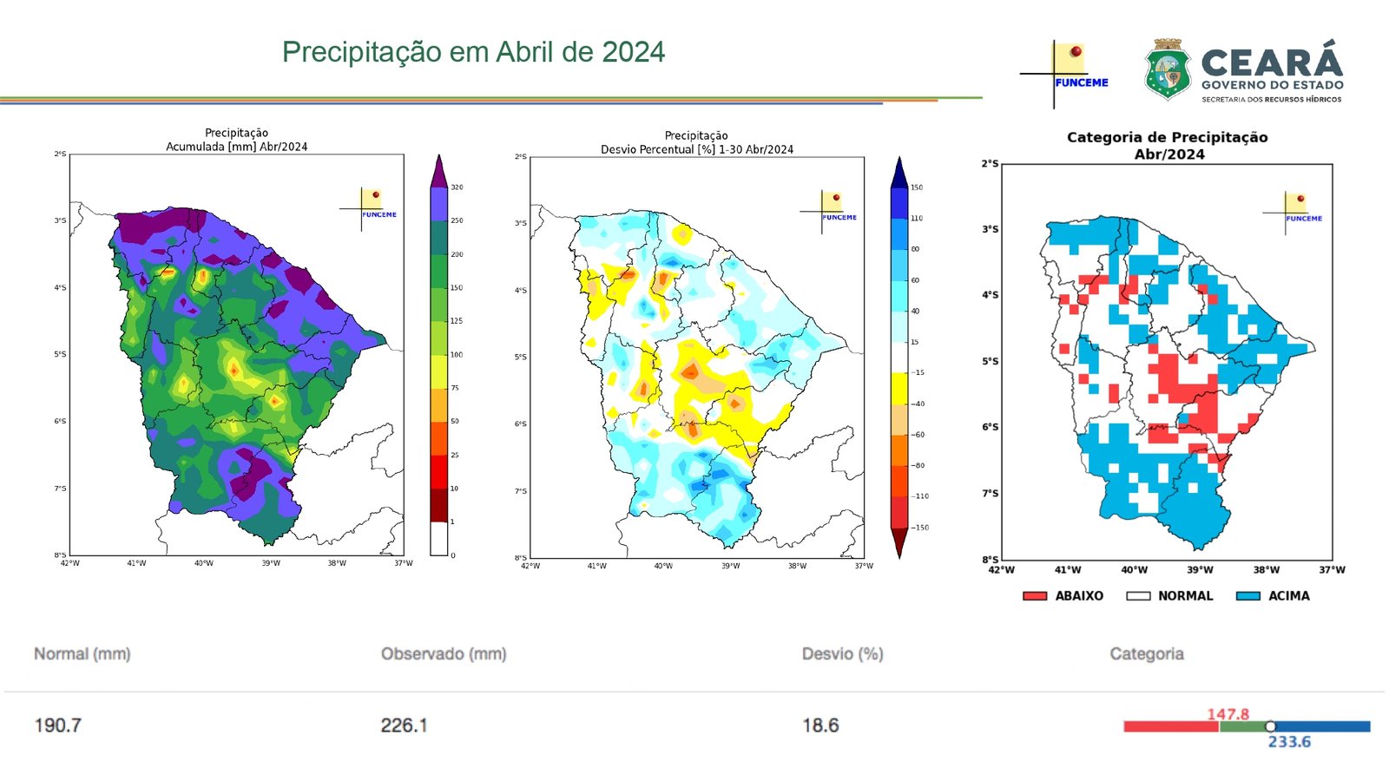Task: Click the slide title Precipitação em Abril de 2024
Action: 473,52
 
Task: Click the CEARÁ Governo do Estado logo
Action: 1243,71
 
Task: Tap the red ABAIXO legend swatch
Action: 1035,596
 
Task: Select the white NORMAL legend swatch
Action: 1138,596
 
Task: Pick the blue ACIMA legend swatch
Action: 1247,596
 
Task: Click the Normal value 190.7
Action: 57,725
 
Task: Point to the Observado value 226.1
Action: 404,725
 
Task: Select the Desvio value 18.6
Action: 820,725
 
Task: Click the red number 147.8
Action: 1228,714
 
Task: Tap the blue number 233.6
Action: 1289,742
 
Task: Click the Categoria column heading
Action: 1146,653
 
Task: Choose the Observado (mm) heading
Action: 444,653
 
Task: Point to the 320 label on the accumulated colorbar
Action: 457,187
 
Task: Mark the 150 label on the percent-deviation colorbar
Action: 917,187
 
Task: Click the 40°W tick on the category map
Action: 1134,570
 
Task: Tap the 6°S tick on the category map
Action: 990,427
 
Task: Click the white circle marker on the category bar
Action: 1270,726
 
